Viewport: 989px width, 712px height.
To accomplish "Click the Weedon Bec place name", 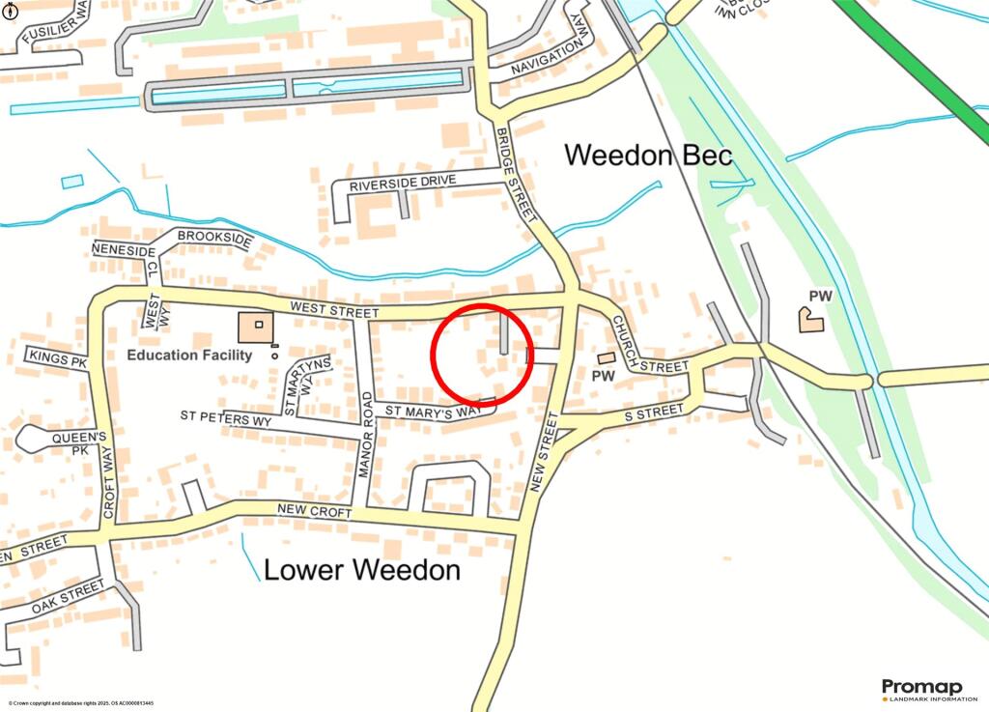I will tap(648, 155).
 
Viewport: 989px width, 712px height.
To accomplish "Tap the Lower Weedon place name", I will tap(362, 570).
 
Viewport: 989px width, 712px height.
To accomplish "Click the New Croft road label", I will tap(314, 510).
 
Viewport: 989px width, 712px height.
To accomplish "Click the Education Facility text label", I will tap(189, 355).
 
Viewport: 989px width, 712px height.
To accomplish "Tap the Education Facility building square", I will tap(256, 328).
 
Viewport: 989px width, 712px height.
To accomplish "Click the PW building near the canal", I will tap(810, 318).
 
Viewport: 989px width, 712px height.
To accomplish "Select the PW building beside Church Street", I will tap(607, 358).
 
